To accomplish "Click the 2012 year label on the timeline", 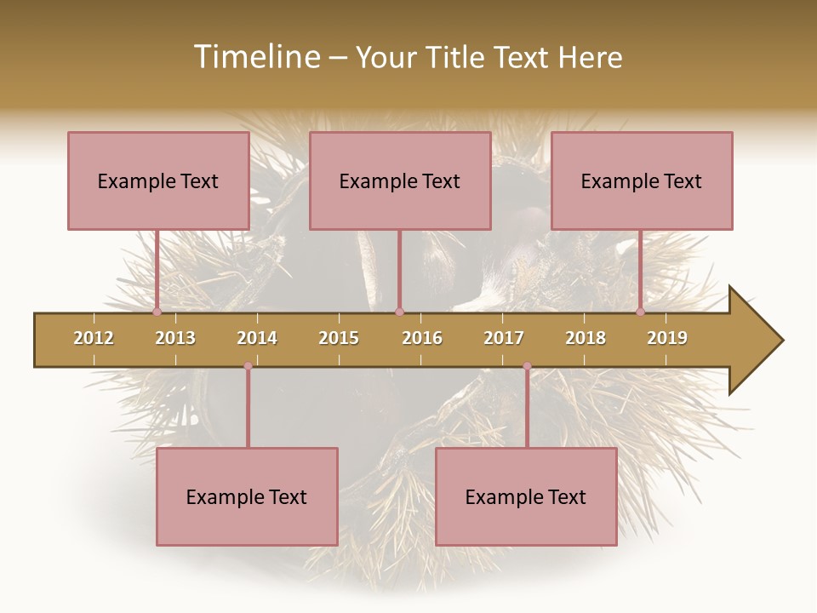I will coord(94,338).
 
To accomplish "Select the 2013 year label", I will coord(175,338).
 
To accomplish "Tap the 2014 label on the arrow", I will coord(257,338).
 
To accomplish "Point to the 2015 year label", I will coord(339,338).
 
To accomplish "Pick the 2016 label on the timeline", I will coord(422,338).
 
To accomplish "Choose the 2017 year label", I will coord(504,338).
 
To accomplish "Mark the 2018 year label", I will coord(586,338).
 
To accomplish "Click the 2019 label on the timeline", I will coord(667,338).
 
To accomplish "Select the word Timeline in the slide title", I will coord(254,57).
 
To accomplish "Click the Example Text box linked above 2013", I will coord(158,180).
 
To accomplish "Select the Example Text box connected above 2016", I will coord(400,180).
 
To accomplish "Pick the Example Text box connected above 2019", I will coord(642,180).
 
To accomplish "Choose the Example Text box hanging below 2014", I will coord(247,496).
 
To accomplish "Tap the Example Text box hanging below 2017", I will coord(526,496).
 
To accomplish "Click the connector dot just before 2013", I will coord(157,312).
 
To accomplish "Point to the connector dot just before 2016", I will coord(400,312).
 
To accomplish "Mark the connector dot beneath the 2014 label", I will coord(248,366).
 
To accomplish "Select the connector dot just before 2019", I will coord(641,312).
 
